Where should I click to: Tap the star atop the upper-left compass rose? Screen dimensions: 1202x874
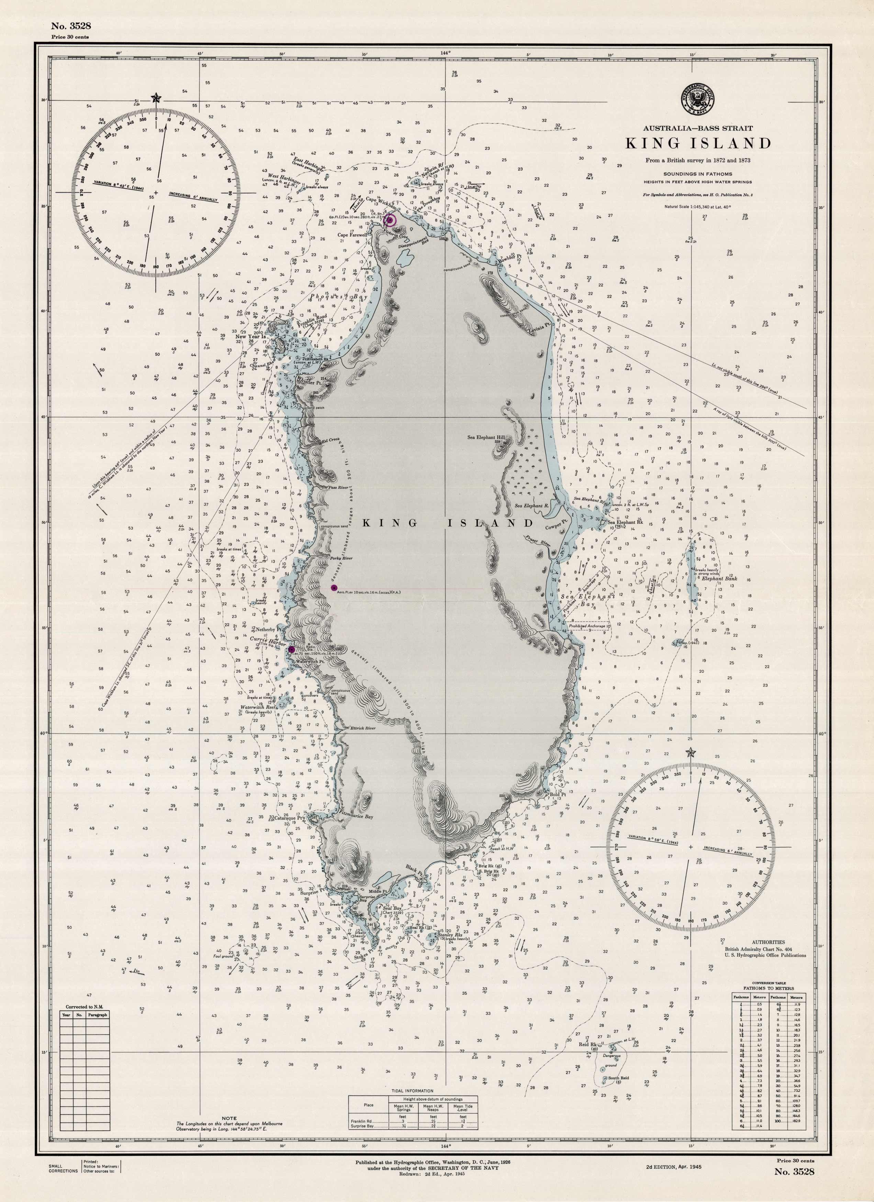click(141, 98)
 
